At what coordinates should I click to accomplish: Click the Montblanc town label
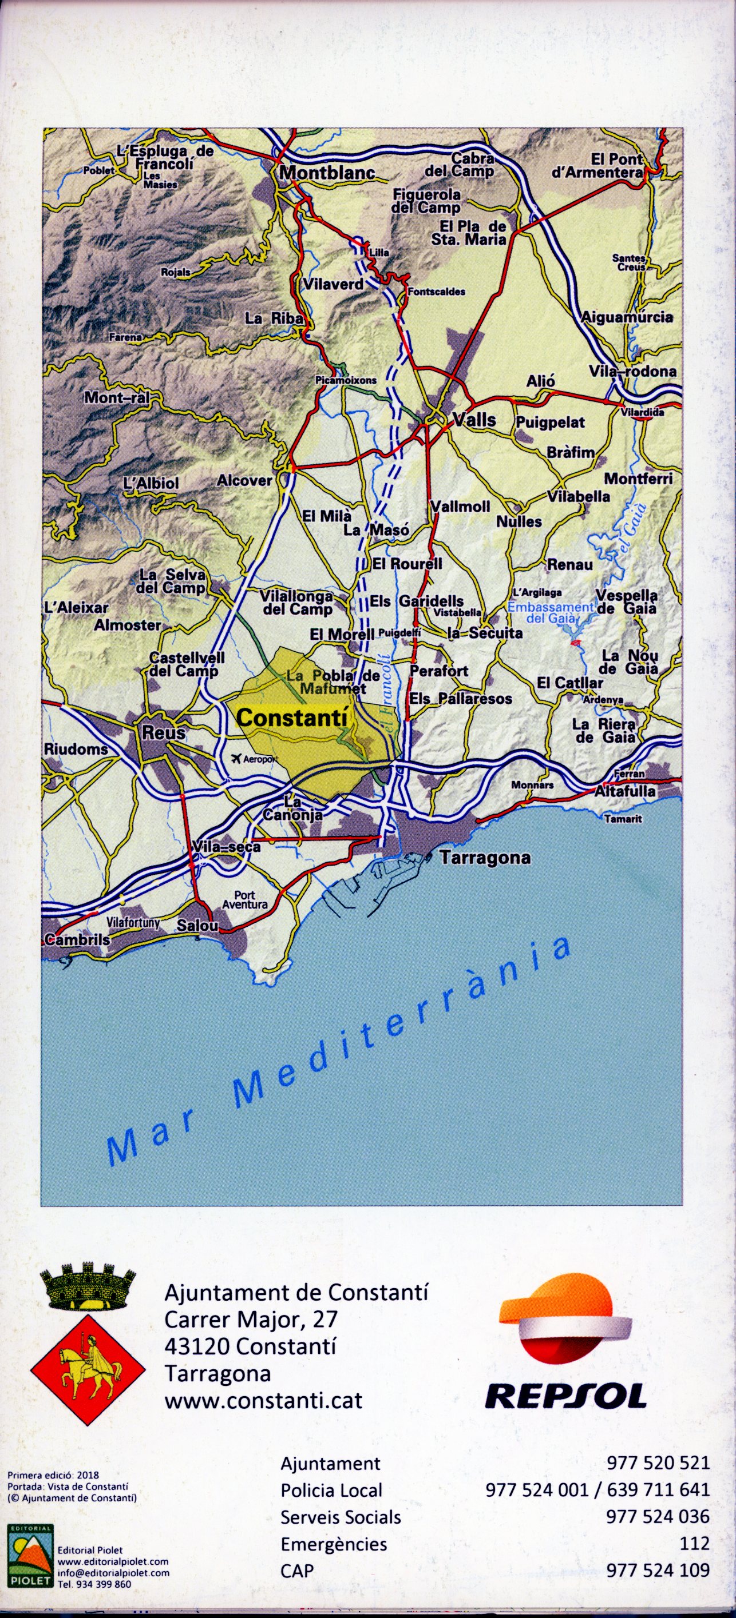pos(327,172)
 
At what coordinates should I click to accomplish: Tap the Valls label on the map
pos(474,420)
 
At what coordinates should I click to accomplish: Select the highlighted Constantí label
pos(292,718)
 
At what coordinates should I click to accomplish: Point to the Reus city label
pos(164,732)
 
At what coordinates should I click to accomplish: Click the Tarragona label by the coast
pos(485,858)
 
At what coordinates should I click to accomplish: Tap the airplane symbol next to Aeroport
pos(237,759)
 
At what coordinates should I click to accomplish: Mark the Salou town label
pos(197,925)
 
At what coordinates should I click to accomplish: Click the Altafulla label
pos(625,791)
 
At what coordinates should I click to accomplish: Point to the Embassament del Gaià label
pos(551,612)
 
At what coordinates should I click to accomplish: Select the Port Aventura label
pos(245,899)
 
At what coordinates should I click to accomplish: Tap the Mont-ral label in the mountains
pos(116,397)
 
